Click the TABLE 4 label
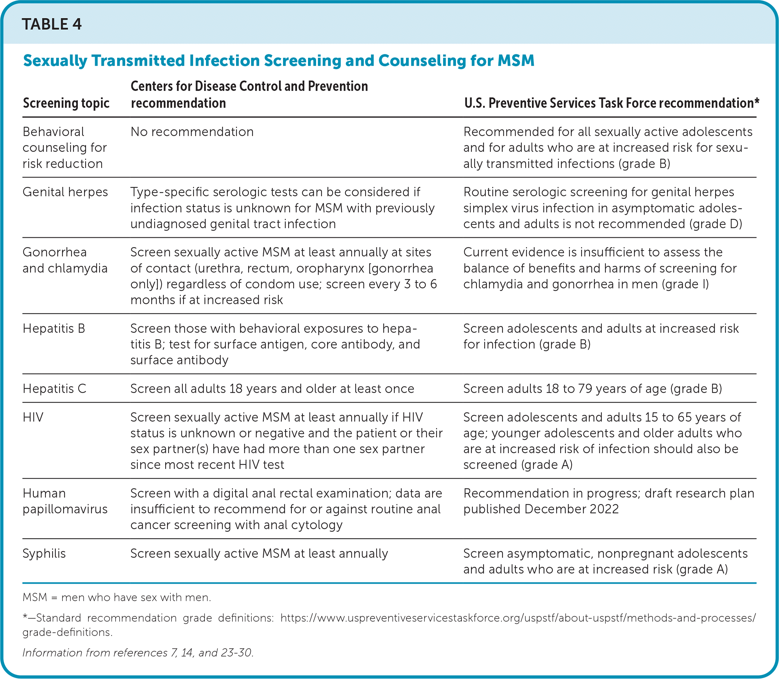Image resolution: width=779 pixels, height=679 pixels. (52, 24)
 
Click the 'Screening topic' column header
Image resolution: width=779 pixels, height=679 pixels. (66, 103)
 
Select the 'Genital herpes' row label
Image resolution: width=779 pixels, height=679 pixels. (65, 192)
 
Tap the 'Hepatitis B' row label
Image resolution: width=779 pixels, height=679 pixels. (54, 328)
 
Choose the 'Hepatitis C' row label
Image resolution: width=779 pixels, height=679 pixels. (55, 388)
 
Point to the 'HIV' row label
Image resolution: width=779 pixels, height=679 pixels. (33, 417)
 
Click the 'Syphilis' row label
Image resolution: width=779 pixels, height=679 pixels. (44, 553)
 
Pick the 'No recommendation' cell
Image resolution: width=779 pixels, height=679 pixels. (192, 132)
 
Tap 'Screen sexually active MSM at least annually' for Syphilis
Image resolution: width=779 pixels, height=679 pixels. (259, 553)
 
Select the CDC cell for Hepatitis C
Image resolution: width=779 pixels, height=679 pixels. (272, 388)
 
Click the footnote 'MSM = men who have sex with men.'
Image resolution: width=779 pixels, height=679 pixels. (117, 598)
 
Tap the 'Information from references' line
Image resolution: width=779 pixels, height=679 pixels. (138, 653)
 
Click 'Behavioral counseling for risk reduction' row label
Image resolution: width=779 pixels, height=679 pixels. (64, 148)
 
